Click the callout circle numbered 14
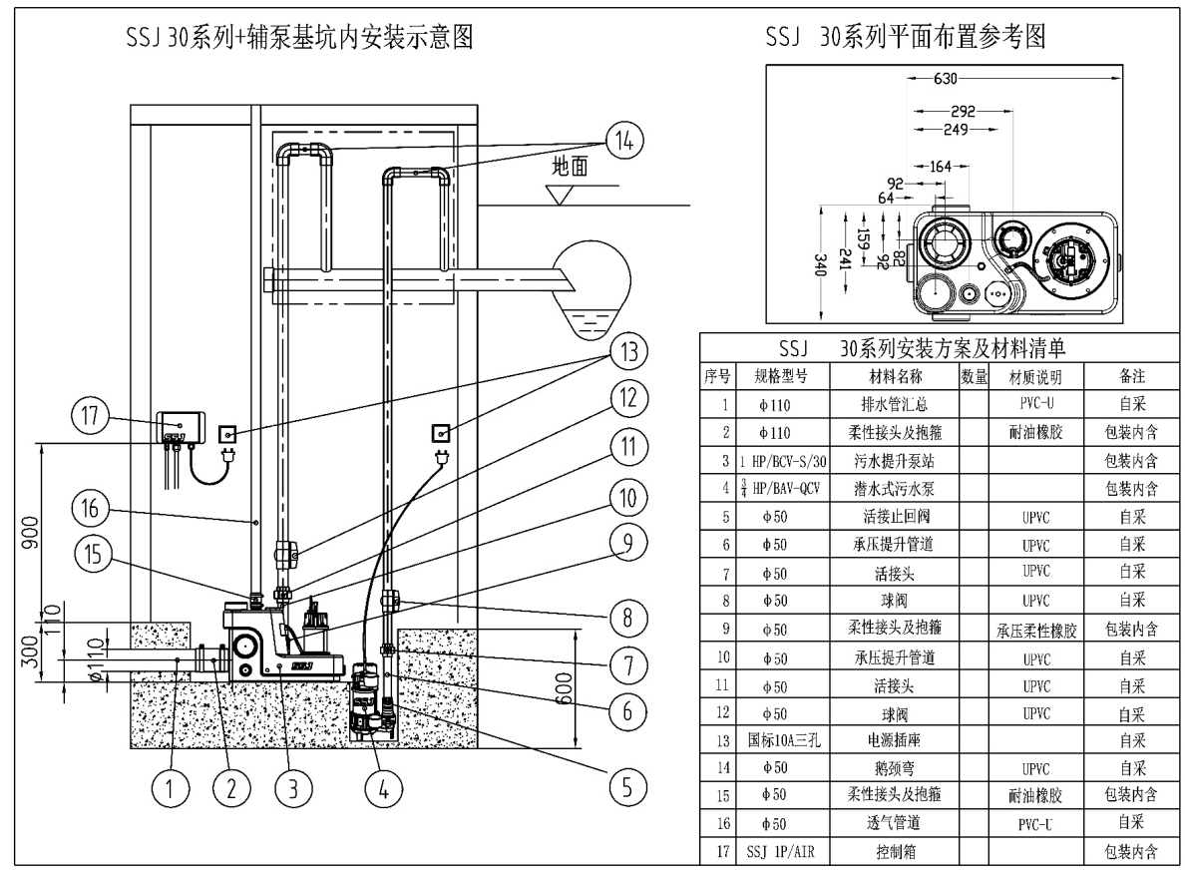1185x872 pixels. (623, 141)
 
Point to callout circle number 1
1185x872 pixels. (171, 787)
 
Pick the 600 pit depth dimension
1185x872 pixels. (591, 689)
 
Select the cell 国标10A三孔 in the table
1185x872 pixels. (785, 740)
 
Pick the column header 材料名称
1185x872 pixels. (895, 377)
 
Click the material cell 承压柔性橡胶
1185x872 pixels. (1033, 630)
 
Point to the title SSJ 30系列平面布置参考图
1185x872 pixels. (905, 38)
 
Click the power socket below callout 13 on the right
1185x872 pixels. (440, 432)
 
